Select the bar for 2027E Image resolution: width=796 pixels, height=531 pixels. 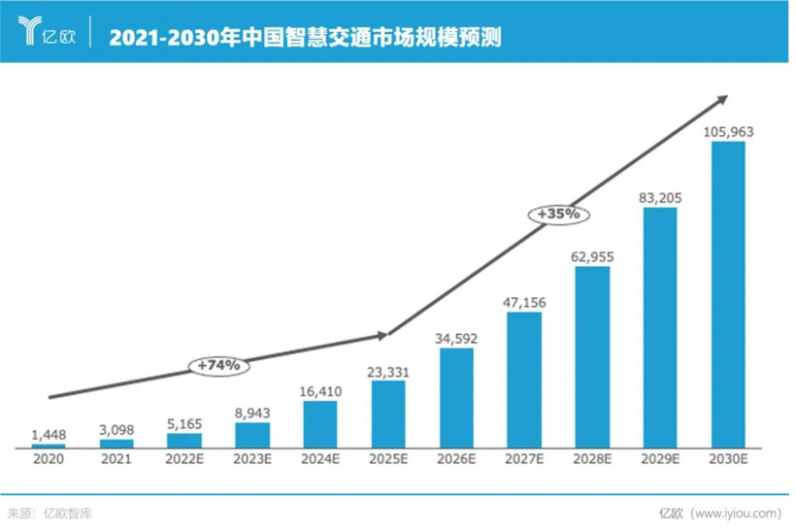pyautogui.click(x=523, y=380)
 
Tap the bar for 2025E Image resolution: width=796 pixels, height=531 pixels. pyautogui.click(x=387, y=415)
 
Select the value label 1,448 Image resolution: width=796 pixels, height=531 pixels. pyautogui.click(x=48, y=434)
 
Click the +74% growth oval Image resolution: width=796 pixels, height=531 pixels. pyautogui.click(x=218, y=366)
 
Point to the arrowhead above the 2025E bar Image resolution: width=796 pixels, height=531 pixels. pyautogui.click(x=382, y=335)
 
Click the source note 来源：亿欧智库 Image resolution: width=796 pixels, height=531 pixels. pyautogui.click(x=49, y=513)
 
